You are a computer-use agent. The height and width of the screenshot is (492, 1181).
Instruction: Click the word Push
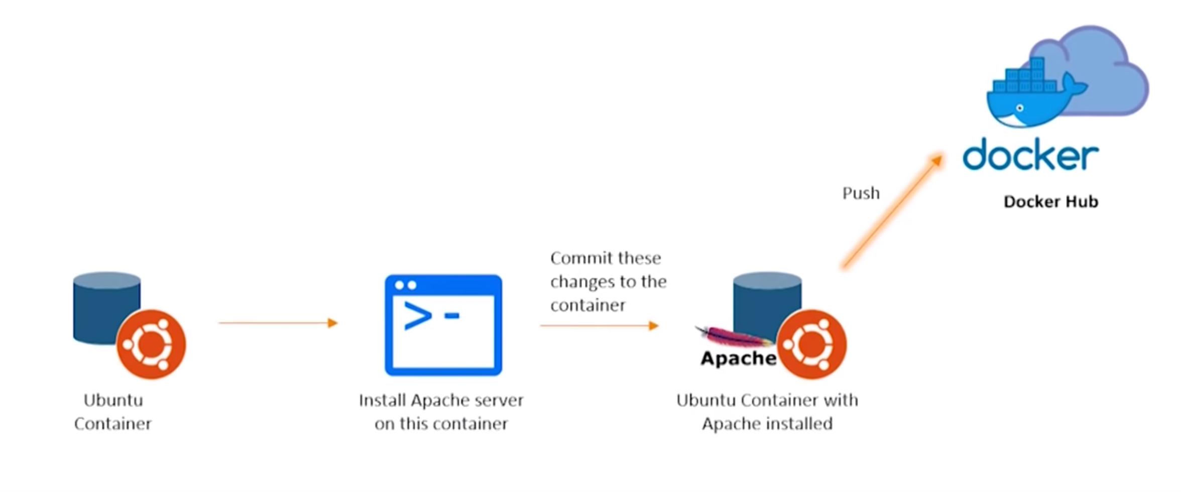pyautogui.click(x=861, y=193)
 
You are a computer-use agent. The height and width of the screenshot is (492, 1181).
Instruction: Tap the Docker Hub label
pyautogui.click(x=1050, y=202)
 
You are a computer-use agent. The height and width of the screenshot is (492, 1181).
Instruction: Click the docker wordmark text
pyautogui.click(x=1030, y=155)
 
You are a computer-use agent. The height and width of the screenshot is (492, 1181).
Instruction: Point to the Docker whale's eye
pyautogui.click(x=1020, y=108)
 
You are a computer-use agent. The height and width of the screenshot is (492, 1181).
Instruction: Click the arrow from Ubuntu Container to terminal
pyautogui.click(x=278, y=323)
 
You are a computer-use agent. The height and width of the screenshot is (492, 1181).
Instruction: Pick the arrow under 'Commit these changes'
pyautogui.click(x=599, y=326)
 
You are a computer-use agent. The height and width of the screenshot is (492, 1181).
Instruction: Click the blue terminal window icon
pyautogui.click(x=443, y=325)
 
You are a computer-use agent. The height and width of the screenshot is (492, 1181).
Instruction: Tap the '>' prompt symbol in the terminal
pyautogui.click(x=417, y=316)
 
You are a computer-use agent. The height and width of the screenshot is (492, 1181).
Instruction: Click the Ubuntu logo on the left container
pyautogui.click(x=151, y=344)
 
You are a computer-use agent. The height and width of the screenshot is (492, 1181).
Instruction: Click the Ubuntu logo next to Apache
pyautogui.click(x=811, y=344)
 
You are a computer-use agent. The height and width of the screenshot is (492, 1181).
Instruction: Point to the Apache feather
pyautogui.click(x=733, y=336)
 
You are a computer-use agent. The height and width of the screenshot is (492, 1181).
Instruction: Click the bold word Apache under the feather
pyautogui.click(x=738, y=358)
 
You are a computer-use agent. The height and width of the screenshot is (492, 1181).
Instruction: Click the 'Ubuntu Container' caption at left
pyautogui.click(x=113, y=412)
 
